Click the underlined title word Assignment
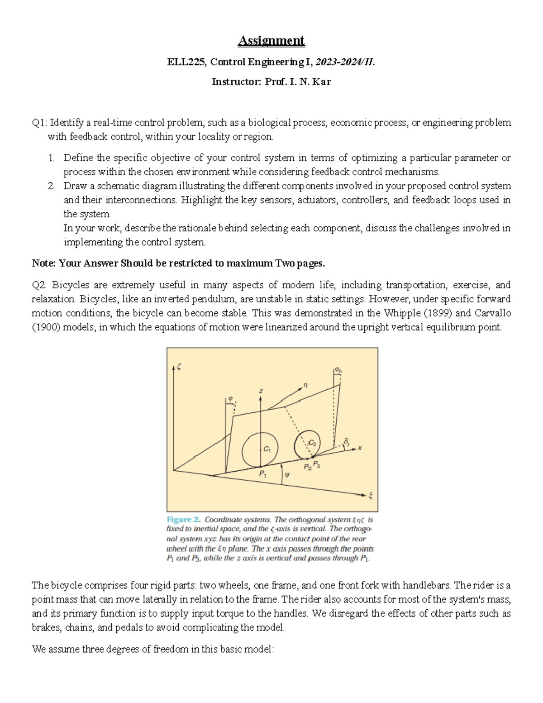(271, 41)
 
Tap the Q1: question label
(39, 123)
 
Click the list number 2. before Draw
(51, 186)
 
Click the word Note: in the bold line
(44, 263)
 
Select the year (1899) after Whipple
(437, 313)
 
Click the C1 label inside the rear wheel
(267, 449)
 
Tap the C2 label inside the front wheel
(312, 443)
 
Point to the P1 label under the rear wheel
(262, 474)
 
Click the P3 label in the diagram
(317, 464)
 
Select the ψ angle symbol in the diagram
(287, 475)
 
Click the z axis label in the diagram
(261, 391)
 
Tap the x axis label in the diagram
(360, 448)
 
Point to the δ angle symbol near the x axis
(347, 441)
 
